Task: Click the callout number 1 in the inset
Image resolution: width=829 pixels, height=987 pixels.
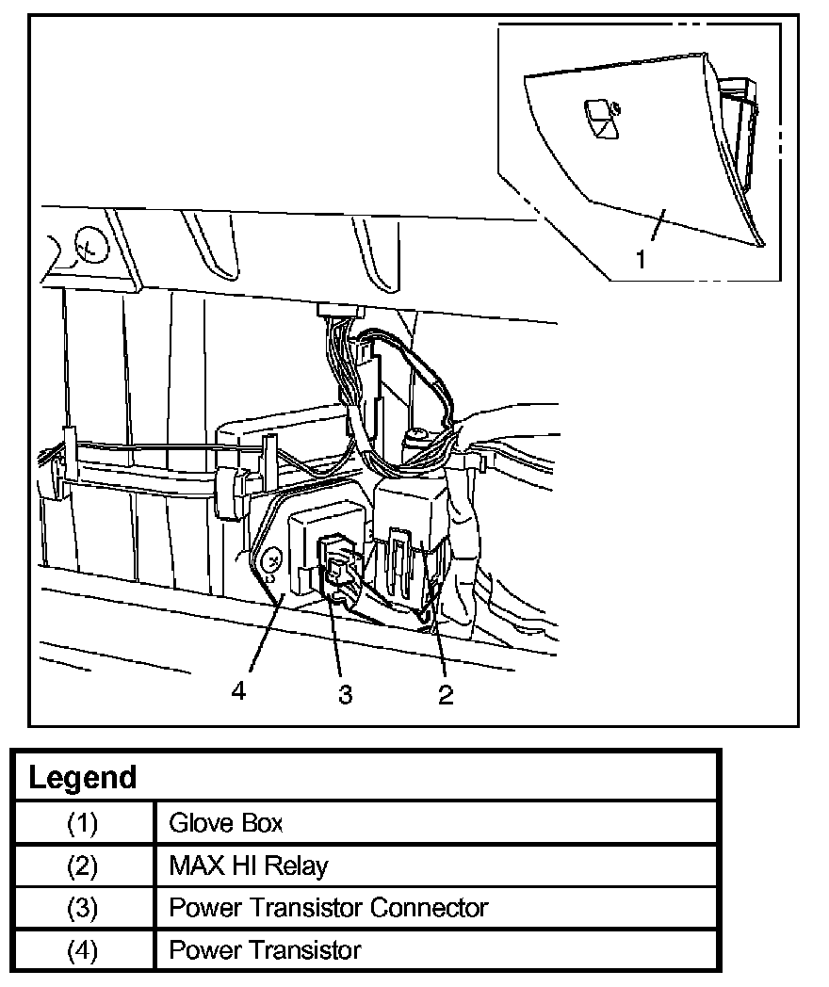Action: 641,257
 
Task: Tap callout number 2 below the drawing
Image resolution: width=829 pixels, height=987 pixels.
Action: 446,694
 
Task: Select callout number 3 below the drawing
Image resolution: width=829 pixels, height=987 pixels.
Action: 345,694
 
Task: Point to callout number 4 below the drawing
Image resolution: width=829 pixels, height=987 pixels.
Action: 238,691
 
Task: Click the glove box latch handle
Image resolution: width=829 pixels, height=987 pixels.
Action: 598,119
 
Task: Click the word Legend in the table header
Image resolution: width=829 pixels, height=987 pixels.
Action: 83,778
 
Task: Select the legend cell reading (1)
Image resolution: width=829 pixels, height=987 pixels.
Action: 82,823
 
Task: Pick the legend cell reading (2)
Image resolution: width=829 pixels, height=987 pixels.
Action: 82,866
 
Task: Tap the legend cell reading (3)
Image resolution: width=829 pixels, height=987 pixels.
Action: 82,908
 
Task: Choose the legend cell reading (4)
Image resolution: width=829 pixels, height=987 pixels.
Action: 82,949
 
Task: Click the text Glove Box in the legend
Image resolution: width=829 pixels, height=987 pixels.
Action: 225,823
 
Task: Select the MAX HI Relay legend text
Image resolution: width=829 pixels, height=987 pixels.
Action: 248,866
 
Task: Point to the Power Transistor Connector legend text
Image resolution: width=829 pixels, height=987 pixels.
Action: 328,908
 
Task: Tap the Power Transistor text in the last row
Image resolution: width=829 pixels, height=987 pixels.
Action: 264,949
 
